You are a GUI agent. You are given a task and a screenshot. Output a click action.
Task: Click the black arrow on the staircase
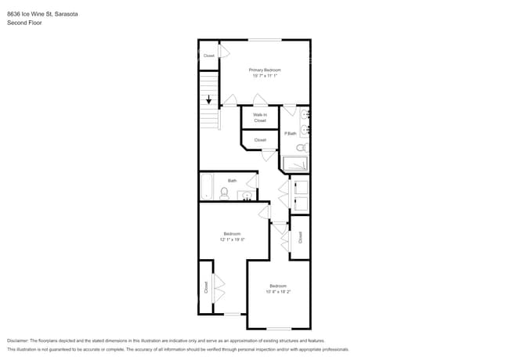208,99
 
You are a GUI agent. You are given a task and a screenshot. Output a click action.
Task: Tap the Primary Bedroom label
265,70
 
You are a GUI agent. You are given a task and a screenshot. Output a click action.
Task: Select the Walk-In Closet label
259,117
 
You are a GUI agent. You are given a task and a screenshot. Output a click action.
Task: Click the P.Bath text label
290,134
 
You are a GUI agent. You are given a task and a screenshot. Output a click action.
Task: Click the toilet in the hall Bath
225,193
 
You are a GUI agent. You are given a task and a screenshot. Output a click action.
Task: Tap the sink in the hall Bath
247,196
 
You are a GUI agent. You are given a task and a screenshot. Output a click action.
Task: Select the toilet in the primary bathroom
302,147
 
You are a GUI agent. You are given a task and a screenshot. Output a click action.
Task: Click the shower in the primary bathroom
294,164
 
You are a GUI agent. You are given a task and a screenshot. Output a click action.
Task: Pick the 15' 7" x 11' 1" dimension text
265,76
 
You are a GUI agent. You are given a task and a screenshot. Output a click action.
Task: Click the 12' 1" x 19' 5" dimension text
233,239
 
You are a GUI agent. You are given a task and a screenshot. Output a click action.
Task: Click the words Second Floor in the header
24,23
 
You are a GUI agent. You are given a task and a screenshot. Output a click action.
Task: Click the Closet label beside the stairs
209,56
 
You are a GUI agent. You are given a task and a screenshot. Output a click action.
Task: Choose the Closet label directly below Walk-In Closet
259,140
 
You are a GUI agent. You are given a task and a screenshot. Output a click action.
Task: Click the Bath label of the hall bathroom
232,181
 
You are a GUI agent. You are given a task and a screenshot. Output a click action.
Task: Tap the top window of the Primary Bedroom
265,39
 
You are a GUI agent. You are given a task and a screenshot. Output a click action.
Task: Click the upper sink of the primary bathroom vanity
304,115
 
